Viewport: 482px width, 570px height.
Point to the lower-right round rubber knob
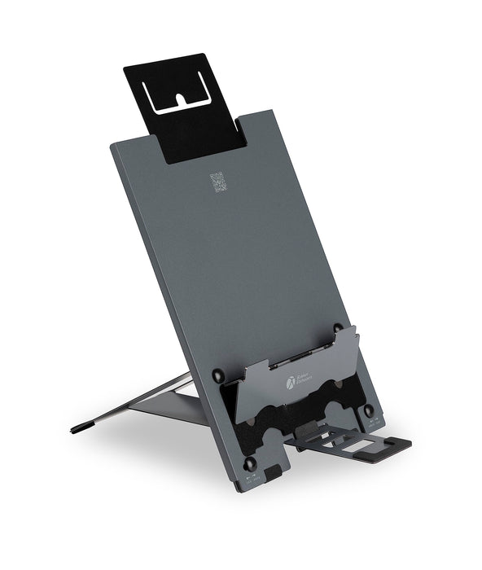tap(369, 411)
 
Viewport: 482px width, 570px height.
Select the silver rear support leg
tap(138, 403)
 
